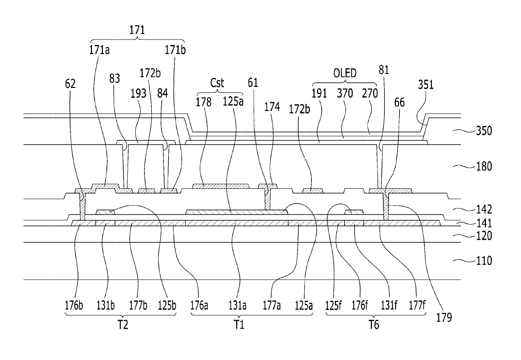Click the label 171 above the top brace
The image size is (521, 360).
[137, 30]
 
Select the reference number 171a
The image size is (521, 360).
[99, 50]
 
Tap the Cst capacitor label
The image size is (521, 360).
[217, 83]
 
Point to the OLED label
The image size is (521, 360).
[345, 73]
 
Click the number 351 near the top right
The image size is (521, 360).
[426, 85]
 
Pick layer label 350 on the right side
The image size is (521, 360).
[484, 131]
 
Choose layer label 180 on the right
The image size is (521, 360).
[484, 167]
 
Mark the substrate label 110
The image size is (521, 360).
[484, 261]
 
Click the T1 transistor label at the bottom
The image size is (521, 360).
[239, 325]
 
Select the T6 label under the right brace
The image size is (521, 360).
[374, 325]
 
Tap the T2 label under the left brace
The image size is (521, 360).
[123, 325]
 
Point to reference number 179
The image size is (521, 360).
[444, 318]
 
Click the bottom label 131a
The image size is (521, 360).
[237, 305]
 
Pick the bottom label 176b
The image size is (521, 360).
[74, 305]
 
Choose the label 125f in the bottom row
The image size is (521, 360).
[333, 305]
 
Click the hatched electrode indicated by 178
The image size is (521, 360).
[221, 186]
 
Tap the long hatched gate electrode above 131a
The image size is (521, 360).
[237, 212]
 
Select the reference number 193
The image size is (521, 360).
[138, 94]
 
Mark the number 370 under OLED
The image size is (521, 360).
[345, 94]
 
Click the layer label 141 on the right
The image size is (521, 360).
[484, 224]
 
